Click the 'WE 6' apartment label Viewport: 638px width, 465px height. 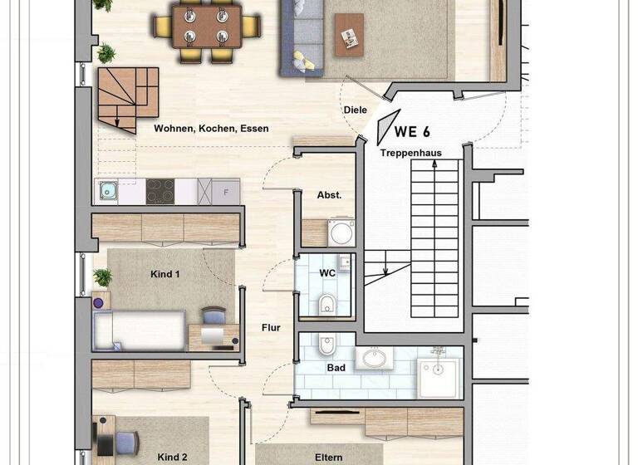tap(413, 131)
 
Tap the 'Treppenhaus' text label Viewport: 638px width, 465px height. tap(410, 153)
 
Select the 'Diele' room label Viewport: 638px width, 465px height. tap(355, 110)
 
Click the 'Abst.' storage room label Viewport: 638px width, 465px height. tap(329, 196)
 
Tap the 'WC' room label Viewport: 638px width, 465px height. tap(326, 272)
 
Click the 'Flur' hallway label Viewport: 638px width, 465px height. tap(271, 328)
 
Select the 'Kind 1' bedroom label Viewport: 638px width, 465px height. tap(164, 274)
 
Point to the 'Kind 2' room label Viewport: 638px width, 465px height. tap(172, 457)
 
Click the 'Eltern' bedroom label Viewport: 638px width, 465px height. tap(328, 457)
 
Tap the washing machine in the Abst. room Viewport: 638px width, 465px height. tap(341, 233)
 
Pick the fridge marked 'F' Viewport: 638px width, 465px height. tap(224, 192)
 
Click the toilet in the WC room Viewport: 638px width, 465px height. tap(326, 304)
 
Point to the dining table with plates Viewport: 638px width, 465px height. tap(207, 27)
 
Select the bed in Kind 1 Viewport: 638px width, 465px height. tap(139, 330)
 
